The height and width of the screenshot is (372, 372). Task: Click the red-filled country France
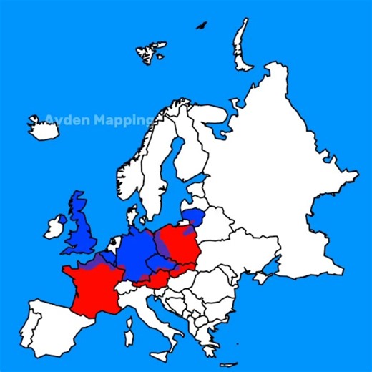[93, 290]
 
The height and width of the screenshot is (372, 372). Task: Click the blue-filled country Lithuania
[193, 215]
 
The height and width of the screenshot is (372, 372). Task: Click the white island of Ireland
[54, 227]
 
